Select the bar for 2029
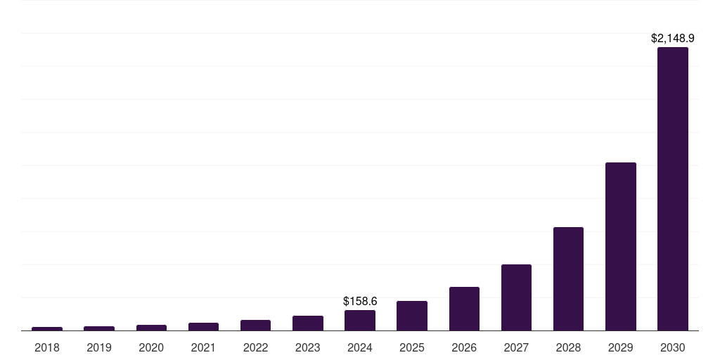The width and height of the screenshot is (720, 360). click(x=620, y=246)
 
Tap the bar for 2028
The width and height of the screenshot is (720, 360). click(x=568, y=278)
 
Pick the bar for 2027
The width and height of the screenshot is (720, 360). click(x=516, y=297)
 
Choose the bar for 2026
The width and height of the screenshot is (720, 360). click(x=464, y=309)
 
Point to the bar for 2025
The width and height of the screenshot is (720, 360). click(x=412, y=316)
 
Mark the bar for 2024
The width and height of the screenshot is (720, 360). click(x=360, y=320)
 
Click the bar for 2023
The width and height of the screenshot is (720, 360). click(x=308, y=323)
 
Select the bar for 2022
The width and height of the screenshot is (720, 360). click(x=255, y=325)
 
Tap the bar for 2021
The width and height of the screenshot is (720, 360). click(x=203, y=326)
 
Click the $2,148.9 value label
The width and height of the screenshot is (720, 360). click(x=672, y=39)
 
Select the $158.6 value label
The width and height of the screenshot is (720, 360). click(x=360, y=301)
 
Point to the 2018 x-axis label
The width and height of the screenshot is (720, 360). click(x=47, y=347)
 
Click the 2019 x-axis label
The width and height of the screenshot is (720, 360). click(x=99, y=347)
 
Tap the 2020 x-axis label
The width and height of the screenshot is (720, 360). click(x=151, y=347)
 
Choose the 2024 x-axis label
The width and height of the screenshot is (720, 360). click(x=360, y=347)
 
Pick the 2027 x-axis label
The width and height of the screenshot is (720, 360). click(x=516, y=347)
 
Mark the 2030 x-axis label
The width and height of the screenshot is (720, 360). click(x=672, y=347)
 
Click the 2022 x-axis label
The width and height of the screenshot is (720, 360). click(x=255, y=347)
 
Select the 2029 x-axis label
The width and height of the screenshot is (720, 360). click(x=620, y=347)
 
